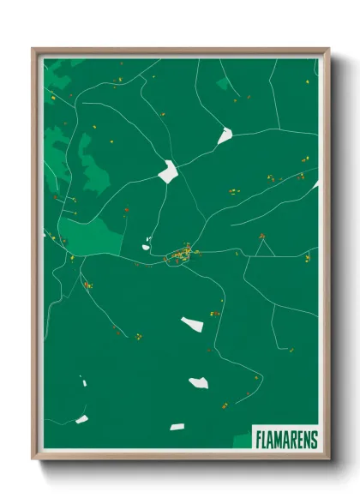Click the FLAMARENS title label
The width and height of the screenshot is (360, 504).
pyautogui.click(x=285, y=439)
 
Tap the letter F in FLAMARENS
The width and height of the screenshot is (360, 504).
pyautogui.click(x=259, y=439)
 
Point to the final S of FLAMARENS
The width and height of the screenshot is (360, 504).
pyautogui.click(x=313, y=439)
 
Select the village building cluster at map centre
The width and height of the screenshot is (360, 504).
pyautogui.click(x=182, y=254)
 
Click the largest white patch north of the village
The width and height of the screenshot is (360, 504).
pyautogui.click(x=168, y=171)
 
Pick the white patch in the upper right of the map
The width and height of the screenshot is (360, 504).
pyautogui.click(x=225, y=135)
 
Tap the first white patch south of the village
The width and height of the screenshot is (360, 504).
pyautogui.click(x=193, y=324)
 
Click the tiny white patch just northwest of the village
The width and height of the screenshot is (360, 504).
pyautogui.click(x=147, y=239)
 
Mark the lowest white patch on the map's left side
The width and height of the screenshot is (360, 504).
pyautogui.click(x=82, y=419)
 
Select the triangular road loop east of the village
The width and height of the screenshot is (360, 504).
pyautogui.click(x=264, y=248)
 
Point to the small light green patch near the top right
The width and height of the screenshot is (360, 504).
pyautogui.click(x=223, y=83)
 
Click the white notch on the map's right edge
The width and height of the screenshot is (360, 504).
pyautogui.click(x=315, y=183)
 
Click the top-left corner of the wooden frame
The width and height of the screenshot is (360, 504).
pyautogui.click(x=33, y=50)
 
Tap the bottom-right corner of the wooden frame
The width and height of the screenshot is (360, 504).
pyautogui.click(x=328, y=460)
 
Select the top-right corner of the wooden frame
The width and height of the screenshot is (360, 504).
pyautogui.click(x=328, y=50)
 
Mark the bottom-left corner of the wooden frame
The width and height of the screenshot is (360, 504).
pyautogui.click(x=33, y=460)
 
